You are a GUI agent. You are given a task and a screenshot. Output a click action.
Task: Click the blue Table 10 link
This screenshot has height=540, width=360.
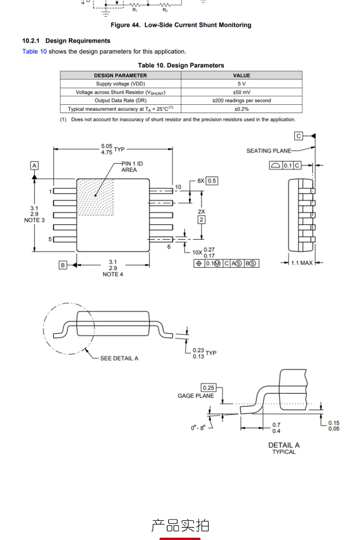[35, 51]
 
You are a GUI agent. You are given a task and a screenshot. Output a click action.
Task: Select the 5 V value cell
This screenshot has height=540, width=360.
[242, 84]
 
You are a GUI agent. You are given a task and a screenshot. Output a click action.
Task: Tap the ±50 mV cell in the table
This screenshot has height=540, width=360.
[242, 92]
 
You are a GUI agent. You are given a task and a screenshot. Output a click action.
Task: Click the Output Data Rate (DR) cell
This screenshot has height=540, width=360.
[120, 101]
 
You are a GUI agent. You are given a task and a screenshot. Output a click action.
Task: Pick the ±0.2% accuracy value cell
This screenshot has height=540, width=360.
[242, 109]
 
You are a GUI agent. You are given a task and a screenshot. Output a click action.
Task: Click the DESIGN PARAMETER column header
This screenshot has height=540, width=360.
[120, 76]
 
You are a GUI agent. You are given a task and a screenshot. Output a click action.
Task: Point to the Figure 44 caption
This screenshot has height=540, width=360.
[181, 25]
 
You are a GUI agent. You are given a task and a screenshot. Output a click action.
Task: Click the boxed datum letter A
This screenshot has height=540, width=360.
[34, 165]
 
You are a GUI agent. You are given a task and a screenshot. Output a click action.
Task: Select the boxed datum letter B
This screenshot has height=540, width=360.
[63, 265]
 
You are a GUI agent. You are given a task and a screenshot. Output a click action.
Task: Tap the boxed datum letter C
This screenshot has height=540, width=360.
[298, 136]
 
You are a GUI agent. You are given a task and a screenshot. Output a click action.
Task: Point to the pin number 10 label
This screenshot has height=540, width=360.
[178, 187]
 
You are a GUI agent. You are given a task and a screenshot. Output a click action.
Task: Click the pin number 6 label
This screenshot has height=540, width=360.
[169, 247]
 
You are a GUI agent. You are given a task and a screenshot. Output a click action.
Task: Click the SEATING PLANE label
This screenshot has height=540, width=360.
[268, 151]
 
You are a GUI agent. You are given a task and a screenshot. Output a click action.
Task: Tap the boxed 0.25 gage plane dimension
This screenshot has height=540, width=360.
[208, 387]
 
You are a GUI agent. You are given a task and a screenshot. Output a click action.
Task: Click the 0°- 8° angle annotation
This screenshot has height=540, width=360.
[198, 428]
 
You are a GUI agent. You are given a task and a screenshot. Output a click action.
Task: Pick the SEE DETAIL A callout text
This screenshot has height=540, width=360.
[119, 358]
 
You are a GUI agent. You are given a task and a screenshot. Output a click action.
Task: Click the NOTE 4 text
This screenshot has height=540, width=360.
[113, 274]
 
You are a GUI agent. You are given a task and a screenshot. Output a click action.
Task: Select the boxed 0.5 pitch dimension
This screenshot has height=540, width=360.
[212, 181]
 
